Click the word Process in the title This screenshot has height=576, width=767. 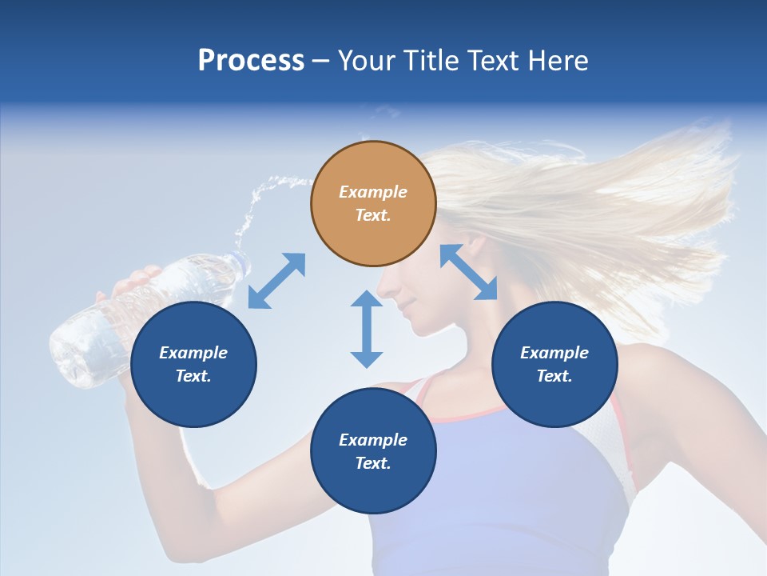(251, 61)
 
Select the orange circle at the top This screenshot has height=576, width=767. (373, 203)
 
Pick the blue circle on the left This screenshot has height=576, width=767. (193, 364)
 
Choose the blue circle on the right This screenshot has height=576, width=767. (554, 364)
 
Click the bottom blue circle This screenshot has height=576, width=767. (373, 451)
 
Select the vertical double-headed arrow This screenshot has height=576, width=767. (367, 329)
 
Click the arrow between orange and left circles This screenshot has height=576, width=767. (276, 281)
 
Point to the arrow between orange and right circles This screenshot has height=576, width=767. (469, 272)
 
